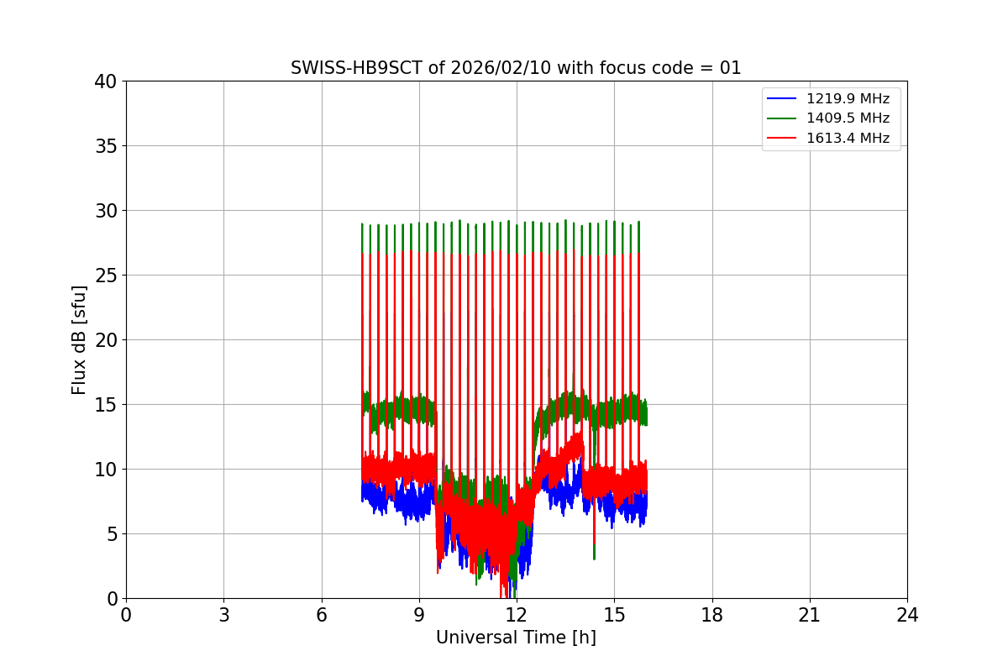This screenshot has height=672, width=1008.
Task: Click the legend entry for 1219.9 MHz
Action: [x=848, y=99]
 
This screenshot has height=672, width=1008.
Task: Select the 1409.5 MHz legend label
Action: [x=848, y=118]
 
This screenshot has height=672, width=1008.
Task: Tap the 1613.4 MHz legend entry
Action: [x=848, y=138]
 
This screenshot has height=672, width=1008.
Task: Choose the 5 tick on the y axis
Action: [x=112, y=534]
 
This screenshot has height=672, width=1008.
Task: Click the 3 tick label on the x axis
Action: [x=223, y=615]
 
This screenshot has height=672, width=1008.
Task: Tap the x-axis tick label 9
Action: [x=419, y=615]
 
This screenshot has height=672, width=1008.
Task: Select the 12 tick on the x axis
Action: [x=517, y=615]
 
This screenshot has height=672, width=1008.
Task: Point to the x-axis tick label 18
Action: [x=712, y=615]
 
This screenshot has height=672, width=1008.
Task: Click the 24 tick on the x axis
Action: [x=907, y=615]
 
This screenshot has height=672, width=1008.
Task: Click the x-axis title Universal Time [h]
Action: [x=516, y=638]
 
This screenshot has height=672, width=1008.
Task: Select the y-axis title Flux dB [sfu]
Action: [x=79, y=339]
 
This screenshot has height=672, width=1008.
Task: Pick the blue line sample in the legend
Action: [x=782, y=99]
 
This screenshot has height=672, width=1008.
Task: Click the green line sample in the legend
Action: [x=782, y=118]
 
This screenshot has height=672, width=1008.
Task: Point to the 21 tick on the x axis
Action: [x=810, y=615]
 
